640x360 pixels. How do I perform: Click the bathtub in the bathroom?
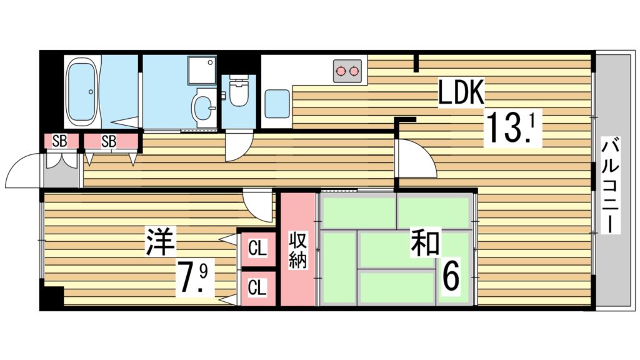coord(82,92)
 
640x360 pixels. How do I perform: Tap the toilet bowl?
coord(238,91)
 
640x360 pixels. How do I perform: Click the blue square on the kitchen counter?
coord(276,104)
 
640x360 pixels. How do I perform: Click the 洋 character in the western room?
coord(161,242)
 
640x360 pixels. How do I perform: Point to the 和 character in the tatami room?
coord(426,242)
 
